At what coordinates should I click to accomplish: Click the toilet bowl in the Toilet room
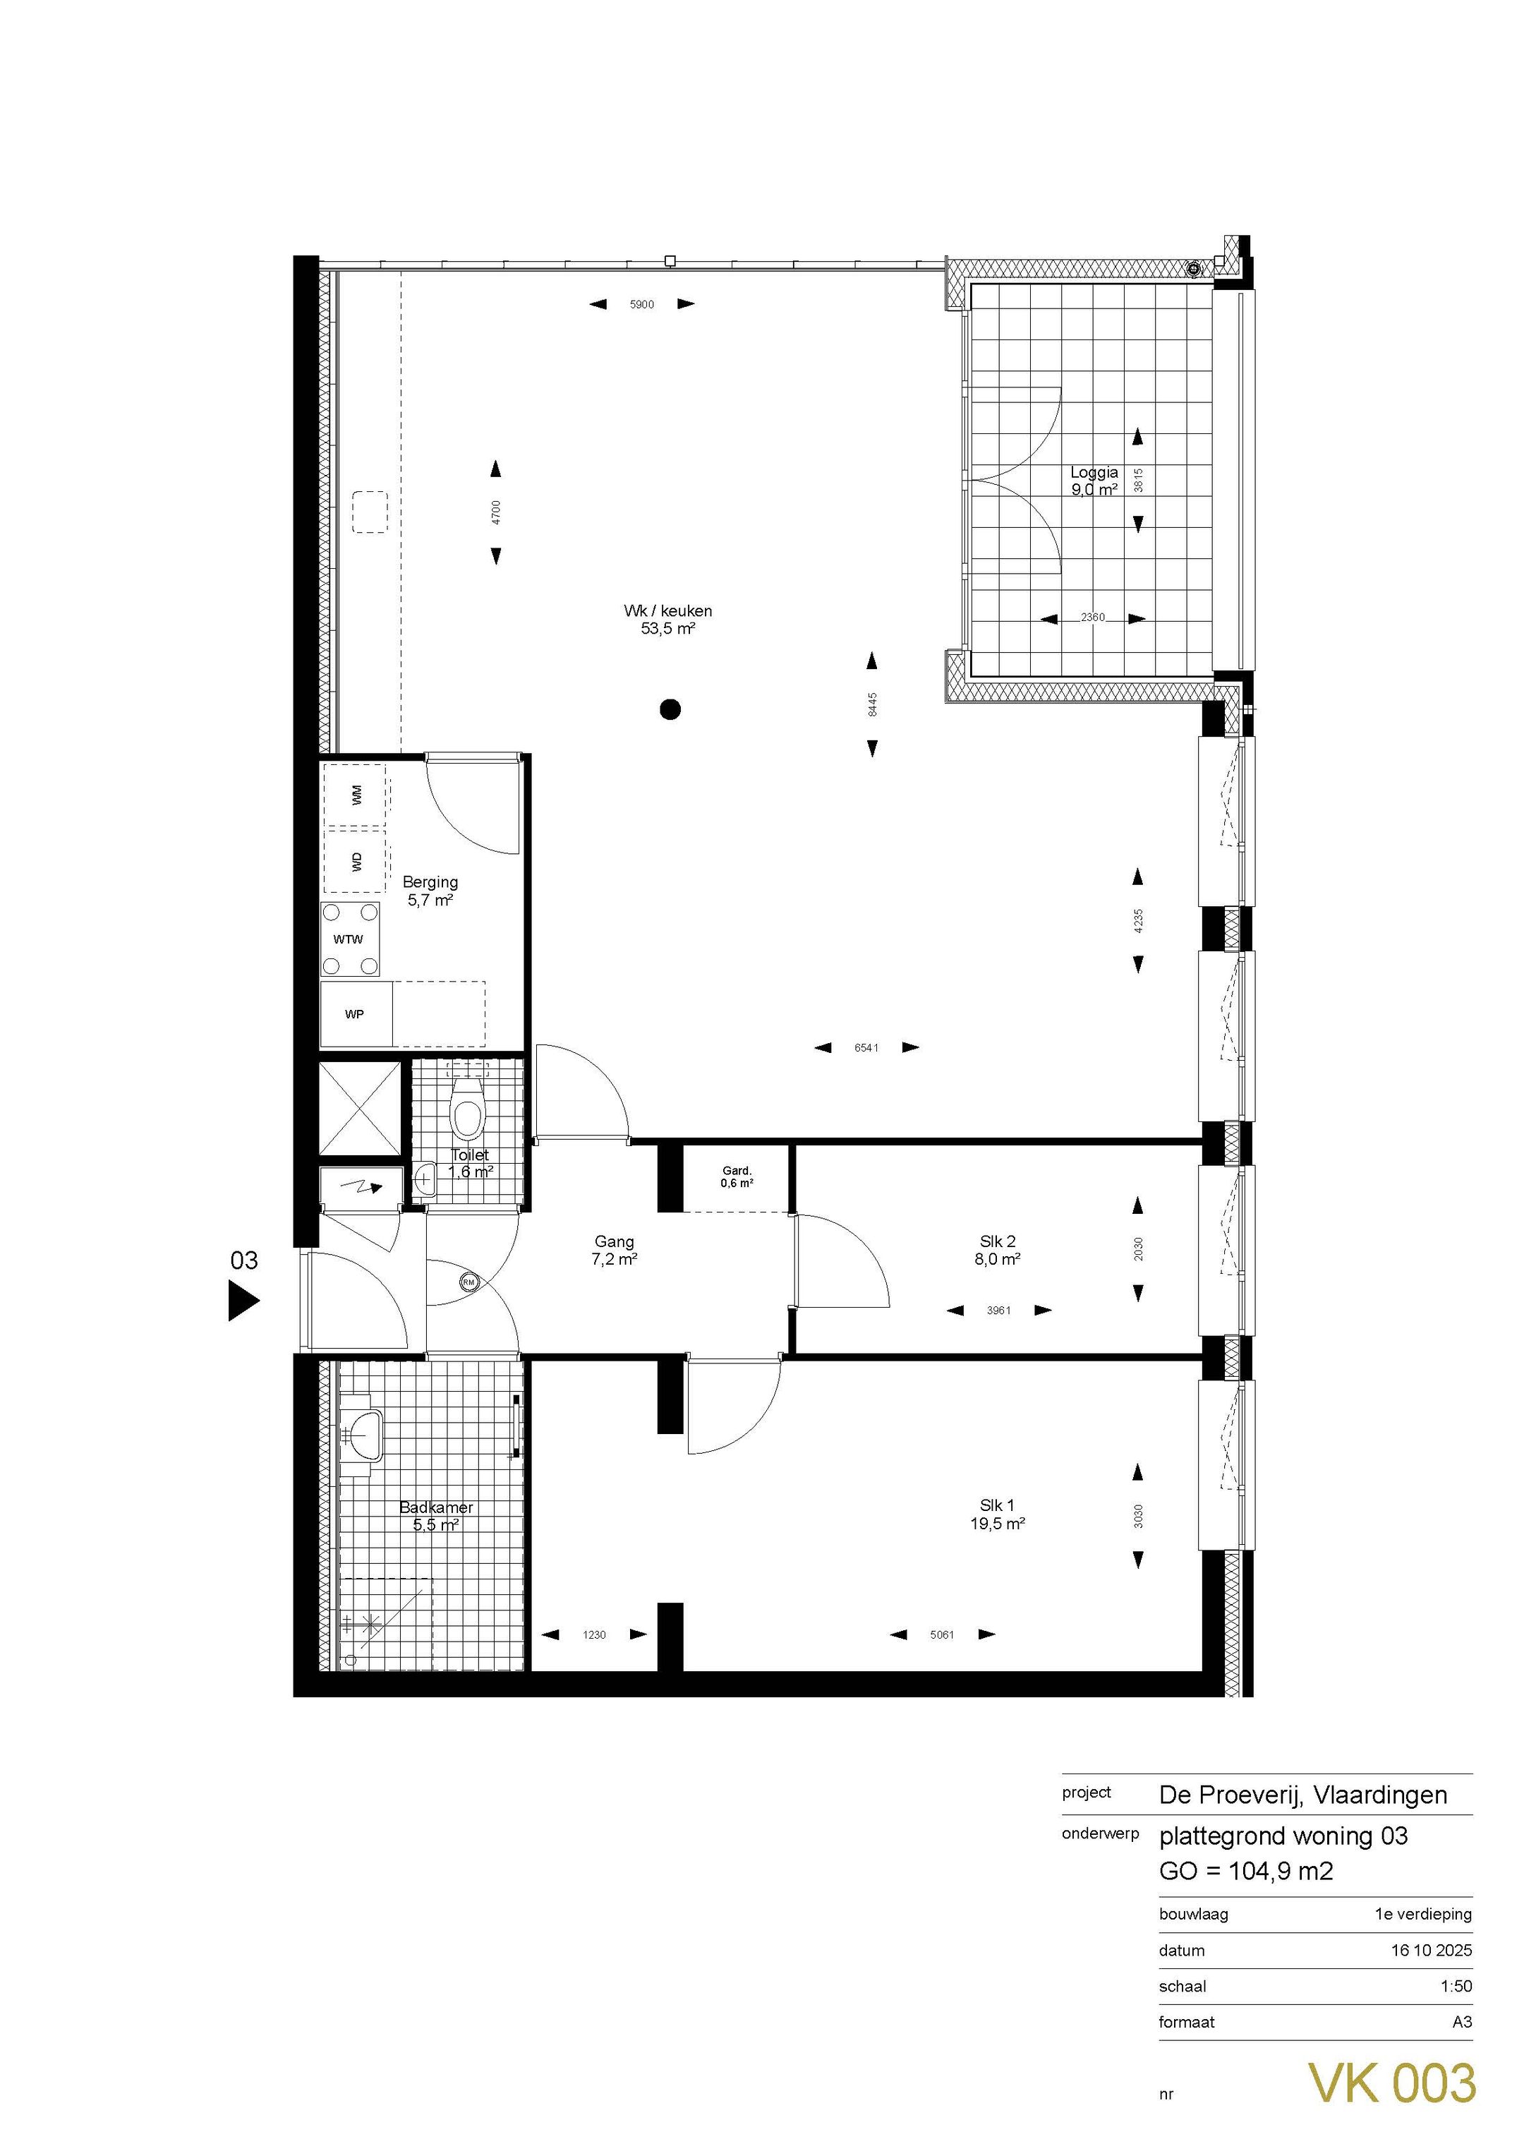[466, 1116]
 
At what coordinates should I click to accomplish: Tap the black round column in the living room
[670, 709]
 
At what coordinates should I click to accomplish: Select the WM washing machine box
[355, 795]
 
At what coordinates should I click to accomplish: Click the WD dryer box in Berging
[355, 860]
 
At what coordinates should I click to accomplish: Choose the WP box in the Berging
[355, 1014]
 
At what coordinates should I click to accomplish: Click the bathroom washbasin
[361, 1435]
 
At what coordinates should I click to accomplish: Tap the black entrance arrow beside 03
[242, 1301]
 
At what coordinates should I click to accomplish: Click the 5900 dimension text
[641, 304]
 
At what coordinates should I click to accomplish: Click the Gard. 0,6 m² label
[737, 1176]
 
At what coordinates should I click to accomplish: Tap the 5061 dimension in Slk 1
[942, 1635]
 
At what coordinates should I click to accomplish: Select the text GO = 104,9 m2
[1246, 1872]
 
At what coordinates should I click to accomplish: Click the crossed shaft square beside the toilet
[360, 1108]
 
